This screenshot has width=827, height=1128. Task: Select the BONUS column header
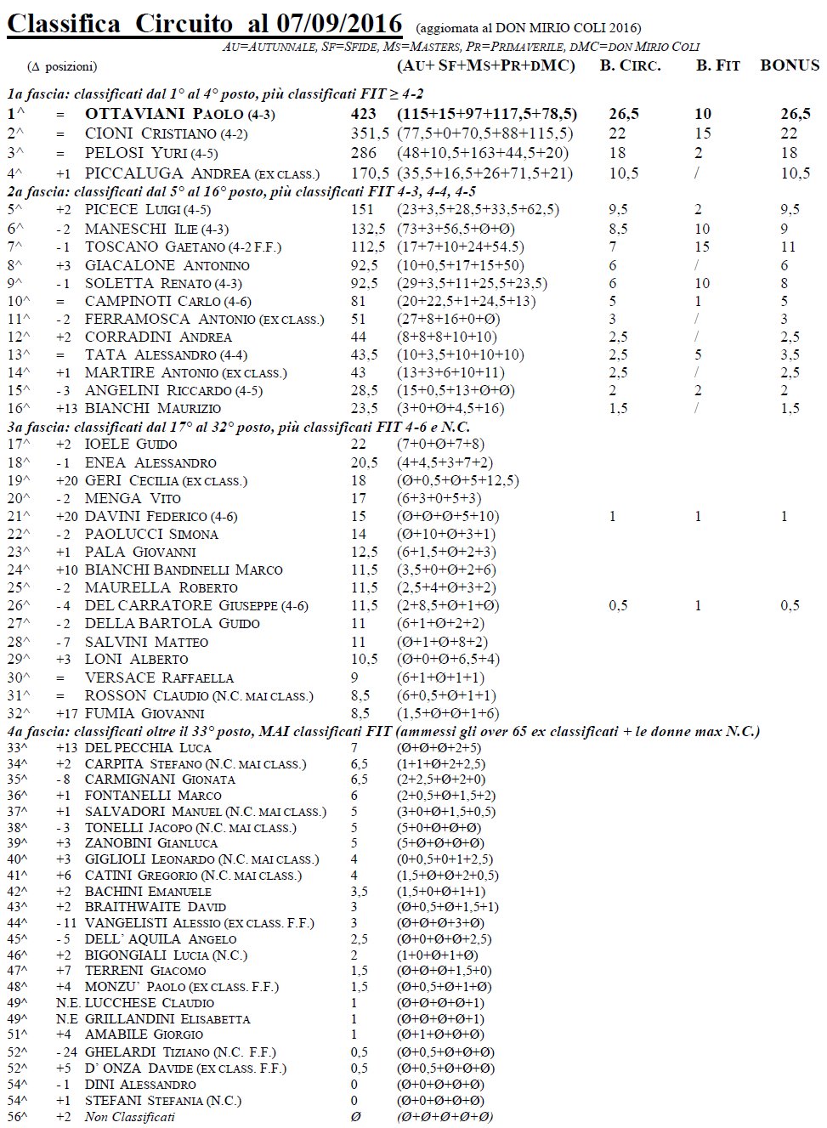coord(790,65)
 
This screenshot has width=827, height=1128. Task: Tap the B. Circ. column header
coord(630,65)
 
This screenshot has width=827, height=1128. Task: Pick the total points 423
coord(364,114)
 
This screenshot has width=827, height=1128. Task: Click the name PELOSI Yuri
coord(136,153)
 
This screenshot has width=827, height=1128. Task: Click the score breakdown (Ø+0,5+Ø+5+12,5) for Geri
coord(457,480)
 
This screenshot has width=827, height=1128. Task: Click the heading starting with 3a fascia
coord(239,427)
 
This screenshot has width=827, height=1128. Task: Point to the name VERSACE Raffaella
coord(159,677)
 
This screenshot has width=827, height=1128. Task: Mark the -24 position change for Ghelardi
coord(65,1051)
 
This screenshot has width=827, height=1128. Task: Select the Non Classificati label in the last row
coord(129,1116)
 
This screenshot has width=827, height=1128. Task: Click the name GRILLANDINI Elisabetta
coord(167,1018)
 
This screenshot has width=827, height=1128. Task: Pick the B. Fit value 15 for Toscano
coord(703,247)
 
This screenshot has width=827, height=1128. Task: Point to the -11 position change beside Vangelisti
coord(65,923)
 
